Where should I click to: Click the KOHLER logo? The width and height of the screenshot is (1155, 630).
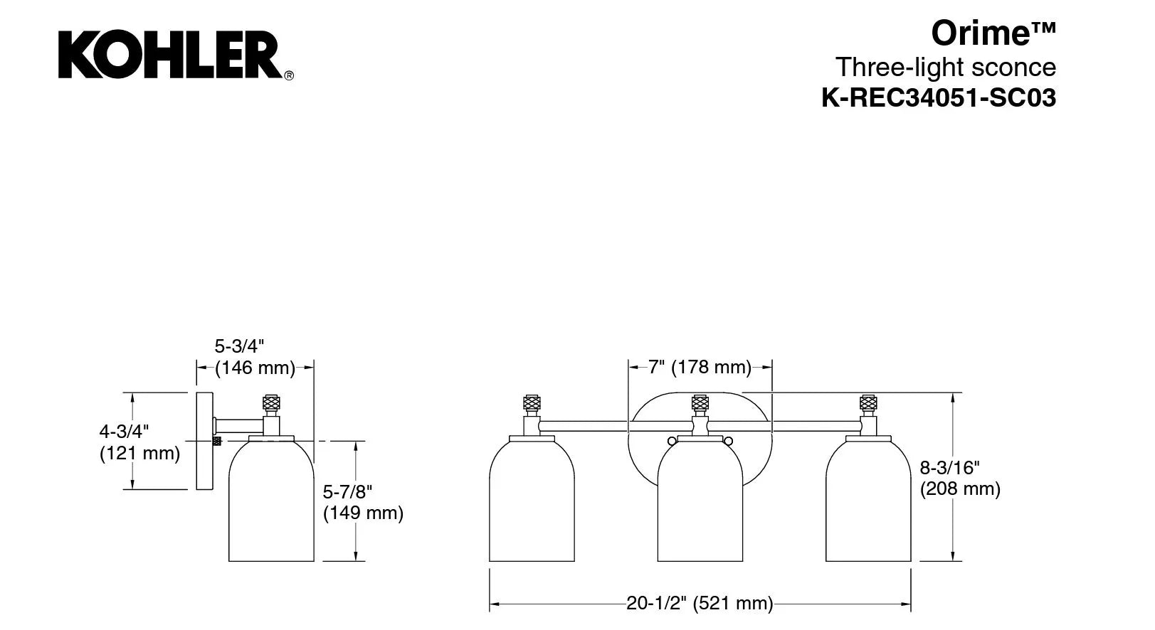click(x=175, y=54)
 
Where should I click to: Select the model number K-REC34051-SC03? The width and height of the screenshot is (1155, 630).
click(x=939, y=97)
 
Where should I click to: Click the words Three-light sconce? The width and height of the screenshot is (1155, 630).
click(x=946, y=67)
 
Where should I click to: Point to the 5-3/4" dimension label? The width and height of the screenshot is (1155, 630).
click(x=239, y=346)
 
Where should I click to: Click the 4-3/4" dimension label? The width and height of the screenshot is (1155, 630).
click(x=124, y=431)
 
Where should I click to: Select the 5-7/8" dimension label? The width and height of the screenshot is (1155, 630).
click(x=347, y=492)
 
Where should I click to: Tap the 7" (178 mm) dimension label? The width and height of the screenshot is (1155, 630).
click(x=700, y=368)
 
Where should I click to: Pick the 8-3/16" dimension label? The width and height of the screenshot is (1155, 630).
click(x=949, y=468)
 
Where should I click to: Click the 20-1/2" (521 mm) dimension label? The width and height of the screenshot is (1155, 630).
click(x=700, y=603)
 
